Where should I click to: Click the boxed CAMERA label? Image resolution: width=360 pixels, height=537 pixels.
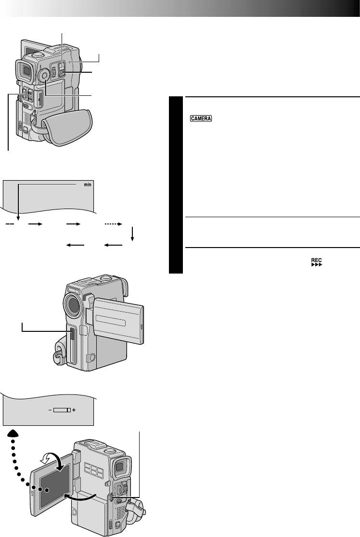point(201,118)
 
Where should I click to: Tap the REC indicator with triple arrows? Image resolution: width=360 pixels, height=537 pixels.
point(317,262)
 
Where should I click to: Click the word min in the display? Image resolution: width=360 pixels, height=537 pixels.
point(88,184)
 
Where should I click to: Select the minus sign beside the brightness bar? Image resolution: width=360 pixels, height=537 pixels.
point(50,410)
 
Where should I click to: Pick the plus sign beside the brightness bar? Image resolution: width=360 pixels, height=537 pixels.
point(74,410)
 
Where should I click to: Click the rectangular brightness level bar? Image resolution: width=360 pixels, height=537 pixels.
point(62,410)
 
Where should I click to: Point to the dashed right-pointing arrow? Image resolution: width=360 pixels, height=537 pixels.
point(113,224)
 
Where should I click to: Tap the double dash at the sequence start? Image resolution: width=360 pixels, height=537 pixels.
point(10,224)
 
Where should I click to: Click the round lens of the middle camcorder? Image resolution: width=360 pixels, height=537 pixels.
point(73,303)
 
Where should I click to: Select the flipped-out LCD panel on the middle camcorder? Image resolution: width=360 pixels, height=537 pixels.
point(118,321)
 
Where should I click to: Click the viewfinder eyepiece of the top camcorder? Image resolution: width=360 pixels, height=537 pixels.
point(25,71)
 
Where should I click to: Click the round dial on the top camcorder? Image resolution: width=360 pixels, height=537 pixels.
point(43,74)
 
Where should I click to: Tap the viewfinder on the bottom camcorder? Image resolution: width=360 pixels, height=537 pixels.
point(121,467)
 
